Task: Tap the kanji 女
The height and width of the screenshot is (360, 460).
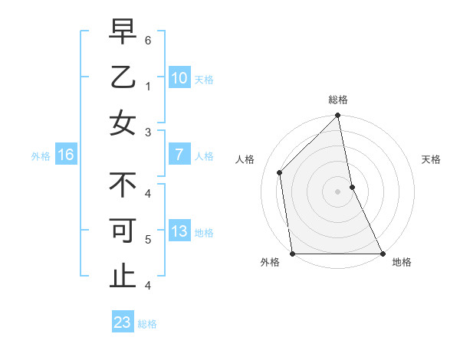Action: click(x=122, y=123)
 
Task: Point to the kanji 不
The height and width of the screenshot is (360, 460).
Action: click(x=122, y=185)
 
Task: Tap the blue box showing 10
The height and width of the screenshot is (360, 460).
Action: click(x=179, y=77)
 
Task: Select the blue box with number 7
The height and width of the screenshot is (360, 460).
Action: click(x=179, y=155)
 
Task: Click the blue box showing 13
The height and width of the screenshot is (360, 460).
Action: click(x=179, y=232)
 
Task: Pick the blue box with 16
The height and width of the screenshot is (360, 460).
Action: click(x=66, y=155)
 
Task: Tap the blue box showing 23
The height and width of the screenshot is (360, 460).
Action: click(x=123, y=322)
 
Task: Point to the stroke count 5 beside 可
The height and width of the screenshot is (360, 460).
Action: click(x=147, y=239)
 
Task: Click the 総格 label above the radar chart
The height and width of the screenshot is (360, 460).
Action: click(x=338, y=100)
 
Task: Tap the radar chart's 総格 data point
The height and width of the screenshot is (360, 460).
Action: click(x=337, y=116)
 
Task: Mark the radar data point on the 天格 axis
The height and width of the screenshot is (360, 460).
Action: click(x=352, y=186)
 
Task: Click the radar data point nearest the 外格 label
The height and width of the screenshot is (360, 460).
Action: click(x=293, y=254)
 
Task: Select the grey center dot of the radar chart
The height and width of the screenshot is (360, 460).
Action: click(x=337, y=191)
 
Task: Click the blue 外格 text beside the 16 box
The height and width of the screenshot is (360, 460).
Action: click(x=40, y=156)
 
